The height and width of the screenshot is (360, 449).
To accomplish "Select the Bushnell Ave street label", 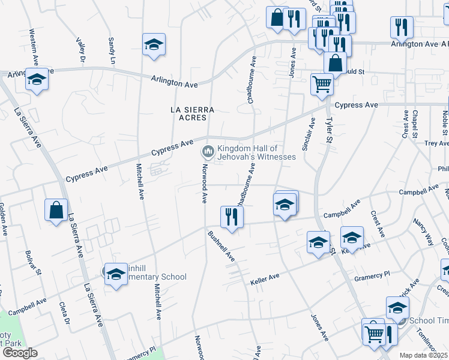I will point(220,245).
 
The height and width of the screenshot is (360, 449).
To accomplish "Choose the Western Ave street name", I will point(35,46).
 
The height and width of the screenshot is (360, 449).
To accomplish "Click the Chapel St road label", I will point(415,122).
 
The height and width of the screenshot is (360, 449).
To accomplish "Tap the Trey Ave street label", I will point(436,143).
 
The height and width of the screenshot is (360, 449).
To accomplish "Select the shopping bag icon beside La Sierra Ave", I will point(56,210).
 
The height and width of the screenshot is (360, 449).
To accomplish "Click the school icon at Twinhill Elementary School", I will point(115,274).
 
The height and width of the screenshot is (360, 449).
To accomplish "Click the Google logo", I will point(20,353).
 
